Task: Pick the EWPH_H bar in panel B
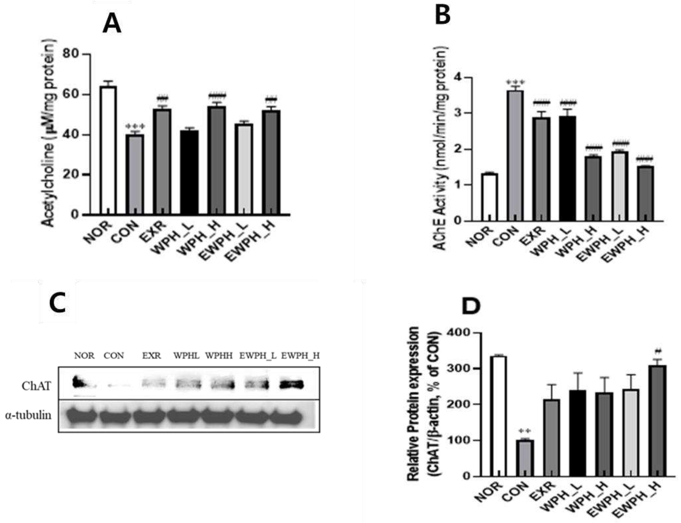click(645, 193)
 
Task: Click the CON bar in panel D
click(525, 458)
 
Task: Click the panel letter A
click(112, 24)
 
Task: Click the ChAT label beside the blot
click(36, 386)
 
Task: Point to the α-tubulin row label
click(28, 415)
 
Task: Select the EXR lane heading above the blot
click(151, 355)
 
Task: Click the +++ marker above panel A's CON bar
click(135, 126)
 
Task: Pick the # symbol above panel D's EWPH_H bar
click(658, 351)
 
